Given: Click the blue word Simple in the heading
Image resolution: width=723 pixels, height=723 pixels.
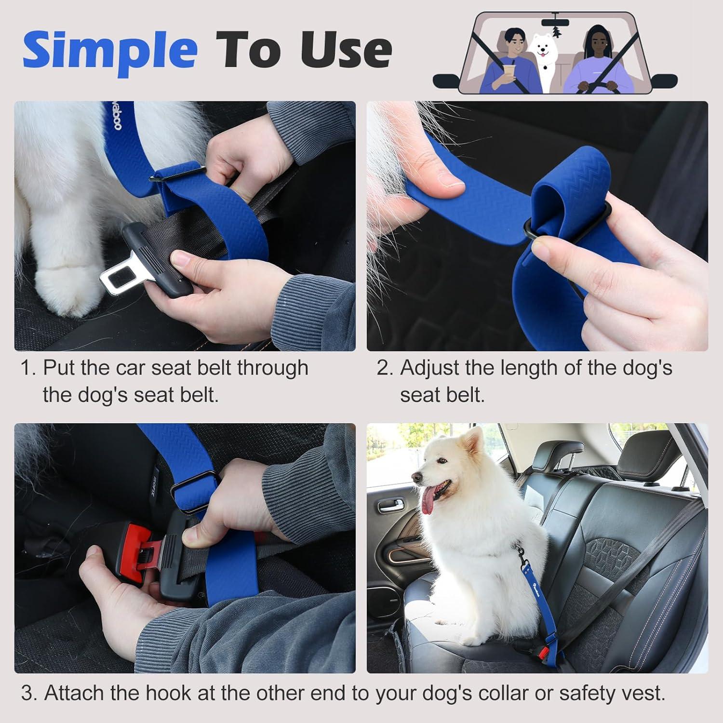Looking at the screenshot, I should [110, 50].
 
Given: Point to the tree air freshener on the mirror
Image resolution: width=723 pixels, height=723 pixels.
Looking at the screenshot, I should [557, 31].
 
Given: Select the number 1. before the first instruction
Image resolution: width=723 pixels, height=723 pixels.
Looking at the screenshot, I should [28, 368].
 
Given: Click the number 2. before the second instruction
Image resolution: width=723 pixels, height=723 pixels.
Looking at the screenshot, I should [385, 368].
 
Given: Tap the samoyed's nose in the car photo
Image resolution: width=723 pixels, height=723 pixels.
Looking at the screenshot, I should [416, 477].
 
